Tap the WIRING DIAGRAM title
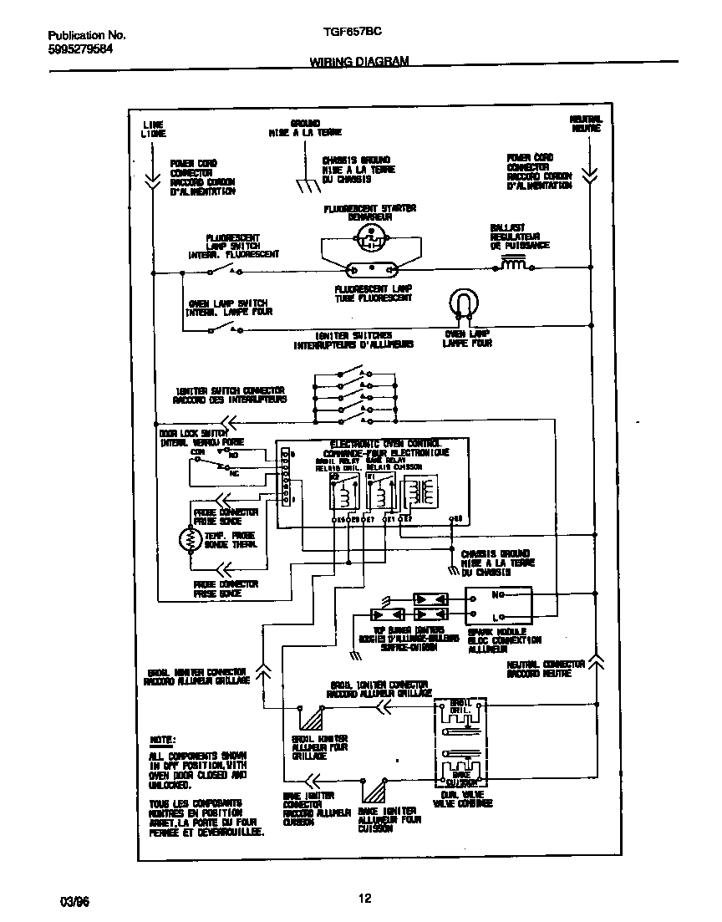point(359,62)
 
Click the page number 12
point(364,899)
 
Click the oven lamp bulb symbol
point(463,303)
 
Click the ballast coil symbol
point(514,266)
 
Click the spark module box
point(499,605)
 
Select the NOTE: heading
point(162,741)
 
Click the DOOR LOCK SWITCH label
point(193,433)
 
